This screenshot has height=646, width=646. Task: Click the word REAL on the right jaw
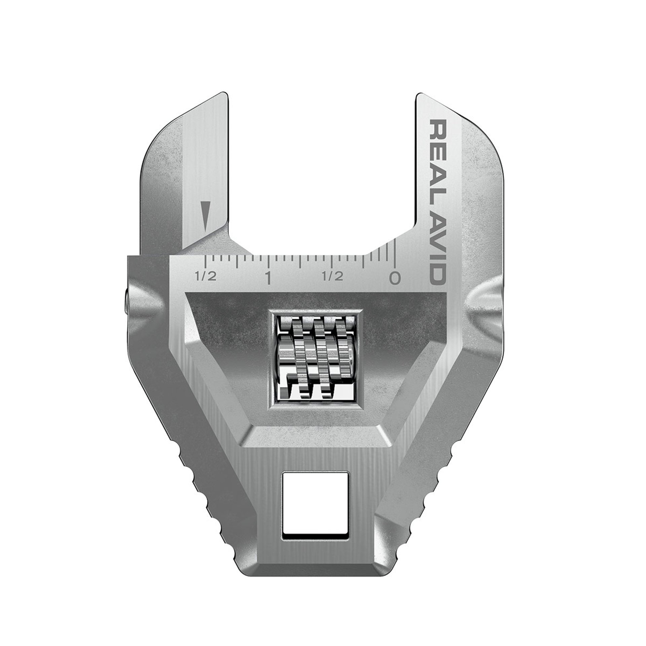click(438, 153)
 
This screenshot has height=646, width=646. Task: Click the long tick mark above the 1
click(268, 260)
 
